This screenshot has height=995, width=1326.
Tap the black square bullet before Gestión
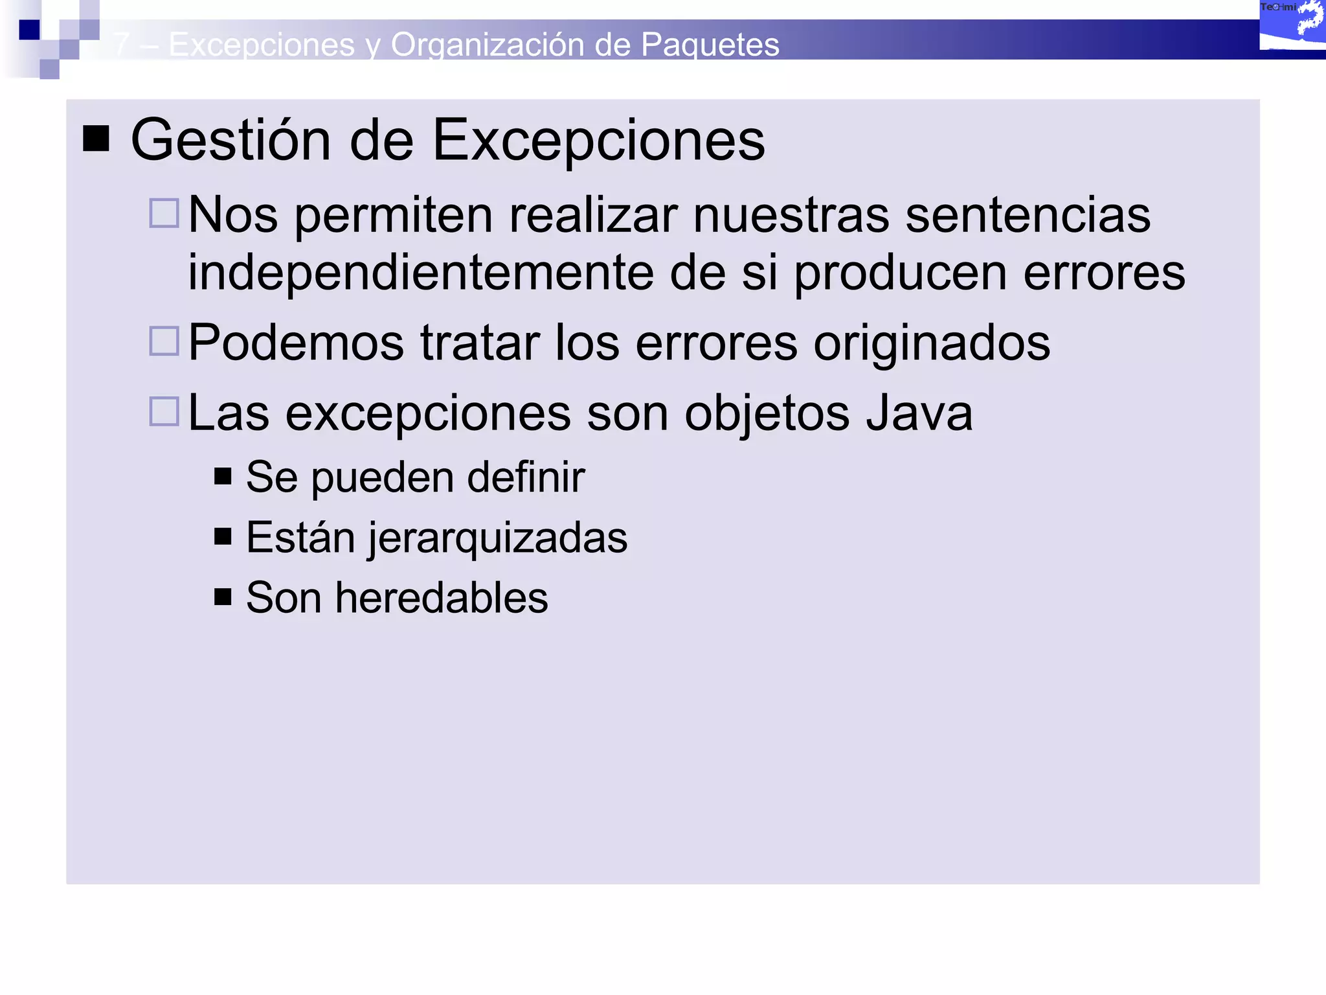point(96,138)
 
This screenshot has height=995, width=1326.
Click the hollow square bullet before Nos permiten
point(164,213)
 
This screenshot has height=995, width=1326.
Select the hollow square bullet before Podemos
point(164,341)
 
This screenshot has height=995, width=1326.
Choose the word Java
point(919,413)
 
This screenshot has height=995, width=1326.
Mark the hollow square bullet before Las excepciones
point(164,411)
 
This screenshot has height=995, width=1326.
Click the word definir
point(526,477)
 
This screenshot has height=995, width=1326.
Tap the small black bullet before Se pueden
point(223,476)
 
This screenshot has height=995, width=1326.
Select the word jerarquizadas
point(497,538)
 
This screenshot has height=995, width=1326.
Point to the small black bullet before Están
point(223,536)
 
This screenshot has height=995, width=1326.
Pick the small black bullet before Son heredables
point(223,597)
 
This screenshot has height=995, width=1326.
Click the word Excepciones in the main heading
point(598,141)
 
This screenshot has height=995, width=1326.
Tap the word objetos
point(767,413)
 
